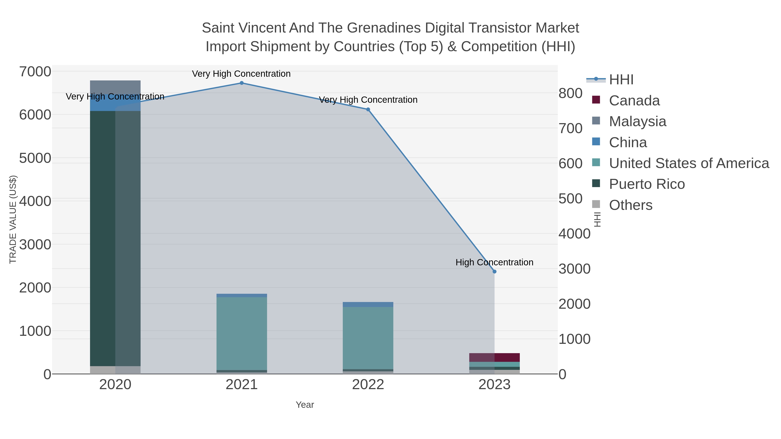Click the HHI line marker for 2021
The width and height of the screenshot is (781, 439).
tap(242, 83)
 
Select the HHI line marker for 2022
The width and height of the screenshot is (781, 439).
tap(368, 109)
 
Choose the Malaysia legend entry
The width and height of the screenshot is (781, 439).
tap(637, 121)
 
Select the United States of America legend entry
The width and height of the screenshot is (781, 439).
tap(689, 163)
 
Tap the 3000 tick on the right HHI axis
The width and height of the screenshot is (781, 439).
tap(574, 269)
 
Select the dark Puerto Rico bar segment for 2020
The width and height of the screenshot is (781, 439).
tap(115, 236)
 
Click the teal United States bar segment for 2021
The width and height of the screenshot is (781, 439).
tap(242, 333)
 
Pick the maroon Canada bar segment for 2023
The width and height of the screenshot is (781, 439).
tap(494, 357)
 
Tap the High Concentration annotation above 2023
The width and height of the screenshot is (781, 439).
tap(494, 262)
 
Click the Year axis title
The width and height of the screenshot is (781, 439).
tap(305, 405)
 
